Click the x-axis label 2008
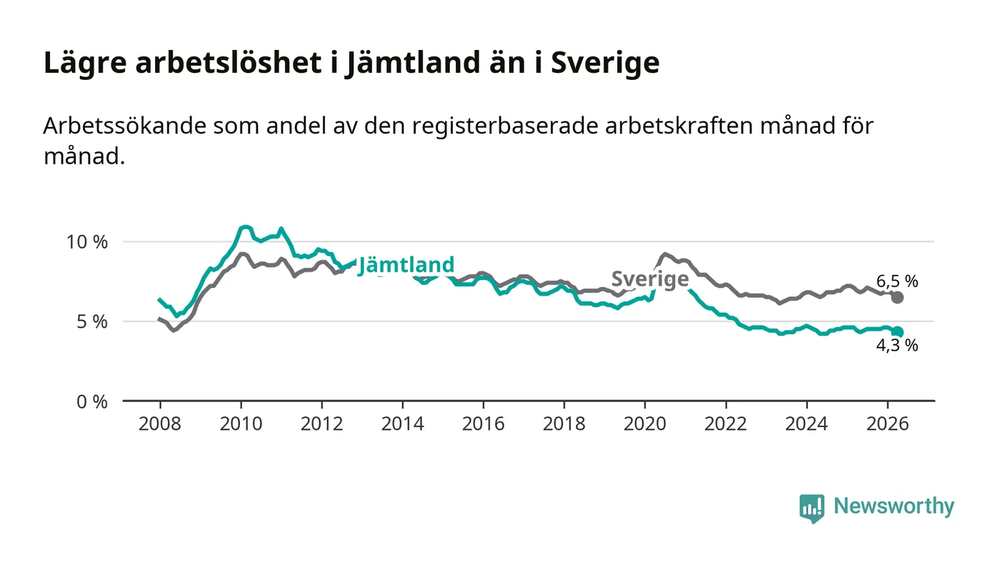coord(160,423)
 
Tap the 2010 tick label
coord(241,423)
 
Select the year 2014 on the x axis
coord(403,423)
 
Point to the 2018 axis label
coord(564,423)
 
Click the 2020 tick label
coord(645,423)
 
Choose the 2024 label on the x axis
coord(806,423)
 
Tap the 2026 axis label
coord(887,423)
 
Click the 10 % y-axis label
coord(87,242)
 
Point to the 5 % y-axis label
coord(92,321)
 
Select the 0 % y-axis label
coord(92,402)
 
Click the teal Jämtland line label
coord(406,265)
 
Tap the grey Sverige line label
coord(650,279)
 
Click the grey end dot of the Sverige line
coord(897,297)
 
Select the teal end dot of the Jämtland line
coord(897,332)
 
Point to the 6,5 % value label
coord(897,281)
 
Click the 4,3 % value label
coord(897,345)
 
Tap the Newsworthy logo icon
coord(812,508)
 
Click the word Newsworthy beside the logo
coord(894,506)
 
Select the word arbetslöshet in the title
coord(228,63)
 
